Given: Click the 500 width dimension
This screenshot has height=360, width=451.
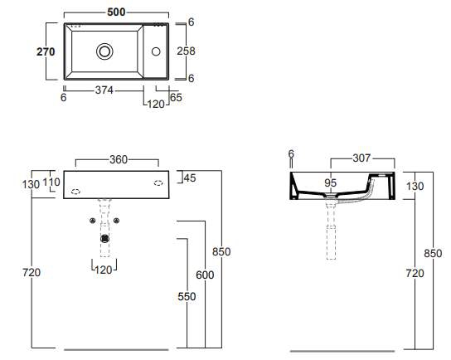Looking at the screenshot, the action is [x=116, y=12].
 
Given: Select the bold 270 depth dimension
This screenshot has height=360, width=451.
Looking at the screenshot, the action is [x=46, y=51].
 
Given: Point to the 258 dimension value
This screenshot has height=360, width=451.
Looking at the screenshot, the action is [x=186, y=51].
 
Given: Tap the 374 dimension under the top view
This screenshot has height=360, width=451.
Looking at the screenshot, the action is [x=104, y=90].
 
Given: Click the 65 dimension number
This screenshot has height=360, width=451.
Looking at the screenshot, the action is [x=176, y=97].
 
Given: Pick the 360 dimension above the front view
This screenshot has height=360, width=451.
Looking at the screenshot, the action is [x=119, y=159].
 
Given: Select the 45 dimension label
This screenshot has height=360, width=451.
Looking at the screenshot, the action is [x=190, y=178].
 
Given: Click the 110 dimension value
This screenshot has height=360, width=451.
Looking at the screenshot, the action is [x=51, y=182].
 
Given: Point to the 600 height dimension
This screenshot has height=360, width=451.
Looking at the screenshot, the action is [x=205, y=275].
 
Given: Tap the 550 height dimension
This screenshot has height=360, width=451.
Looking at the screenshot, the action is [x=187, y=296].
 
